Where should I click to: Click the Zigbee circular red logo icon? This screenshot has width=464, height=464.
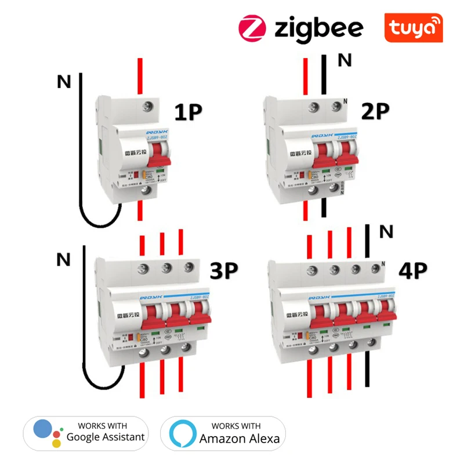[x=252, y=27]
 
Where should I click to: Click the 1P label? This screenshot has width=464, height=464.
[x=188, y=111]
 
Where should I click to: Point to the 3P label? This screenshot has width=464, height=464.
[x=224, y=271]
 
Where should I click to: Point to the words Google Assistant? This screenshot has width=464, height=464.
[x=106, y=437]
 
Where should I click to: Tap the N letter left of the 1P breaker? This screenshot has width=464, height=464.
[x=64, y=83]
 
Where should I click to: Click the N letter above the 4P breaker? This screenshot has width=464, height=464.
[x=386, y=233]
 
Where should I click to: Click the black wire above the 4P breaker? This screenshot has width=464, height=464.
[x=367, y=244]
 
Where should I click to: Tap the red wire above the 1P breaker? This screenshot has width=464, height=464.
[x=139, y=75]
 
